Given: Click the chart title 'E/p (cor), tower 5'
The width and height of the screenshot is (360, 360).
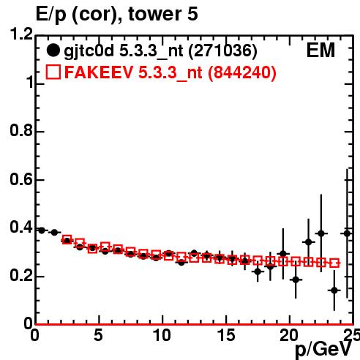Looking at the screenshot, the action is [116, 15].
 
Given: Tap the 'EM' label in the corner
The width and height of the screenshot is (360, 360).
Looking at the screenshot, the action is [320, 50].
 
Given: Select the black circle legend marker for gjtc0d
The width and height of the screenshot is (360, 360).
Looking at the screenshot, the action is [53, 50].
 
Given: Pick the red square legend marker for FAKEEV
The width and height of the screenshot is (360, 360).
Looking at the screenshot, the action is [53, 72].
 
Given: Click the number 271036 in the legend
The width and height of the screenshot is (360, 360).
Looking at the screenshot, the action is [223, 50].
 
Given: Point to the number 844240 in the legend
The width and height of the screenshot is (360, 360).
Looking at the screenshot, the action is [241, 72].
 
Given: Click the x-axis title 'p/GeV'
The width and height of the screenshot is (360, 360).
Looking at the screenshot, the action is [323, 349].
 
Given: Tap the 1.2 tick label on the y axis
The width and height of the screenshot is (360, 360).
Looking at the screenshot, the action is [21, 34].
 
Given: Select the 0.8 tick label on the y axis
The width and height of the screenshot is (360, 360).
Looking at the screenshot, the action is [21, 131].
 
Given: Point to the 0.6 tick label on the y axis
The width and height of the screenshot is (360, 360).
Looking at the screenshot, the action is [21, 179].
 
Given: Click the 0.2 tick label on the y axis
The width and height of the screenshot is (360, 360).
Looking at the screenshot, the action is [21, 276].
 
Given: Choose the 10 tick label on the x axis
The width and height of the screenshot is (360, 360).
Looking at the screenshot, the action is [162, 335].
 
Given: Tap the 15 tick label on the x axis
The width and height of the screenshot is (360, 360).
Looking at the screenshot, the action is [226, 335].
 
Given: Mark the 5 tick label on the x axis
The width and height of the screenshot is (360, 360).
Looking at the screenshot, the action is [98, 335].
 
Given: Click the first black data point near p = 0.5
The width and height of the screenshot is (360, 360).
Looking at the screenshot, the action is [42, 230].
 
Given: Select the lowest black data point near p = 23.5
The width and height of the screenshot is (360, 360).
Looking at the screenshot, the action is [334, 290].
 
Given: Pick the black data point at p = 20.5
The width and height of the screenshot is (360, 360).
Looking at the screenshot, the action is [296, 280].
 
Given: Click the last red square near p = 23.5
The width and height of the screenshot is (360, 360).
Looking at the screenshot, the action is [334, 263].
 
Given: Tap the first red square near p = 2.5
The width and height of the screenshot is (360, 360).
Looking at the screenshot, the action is [67, 239].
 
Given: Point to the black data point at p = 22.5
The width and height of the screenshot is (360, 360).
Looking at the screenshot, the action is [321, 233].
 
